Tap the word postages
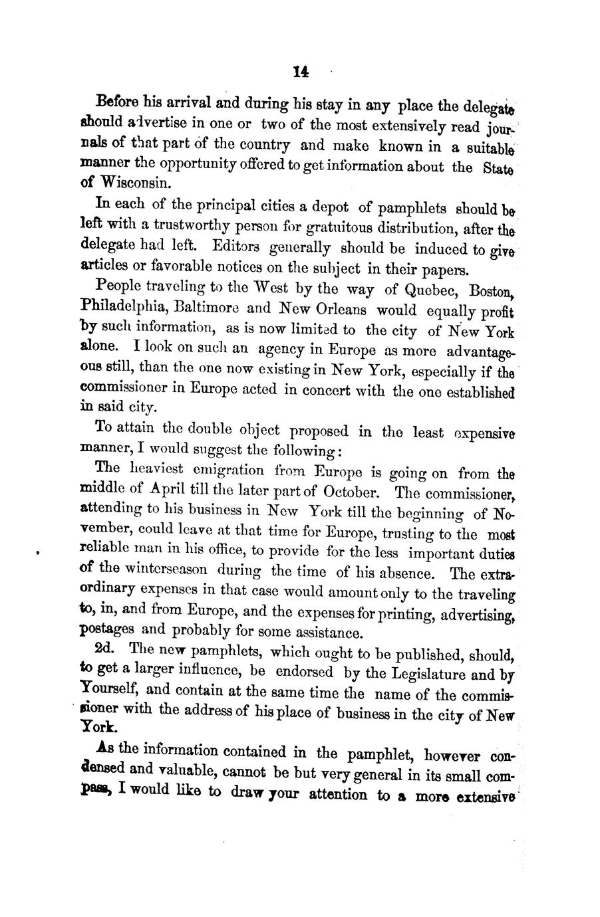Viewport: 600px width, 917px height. coord(107,629)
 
